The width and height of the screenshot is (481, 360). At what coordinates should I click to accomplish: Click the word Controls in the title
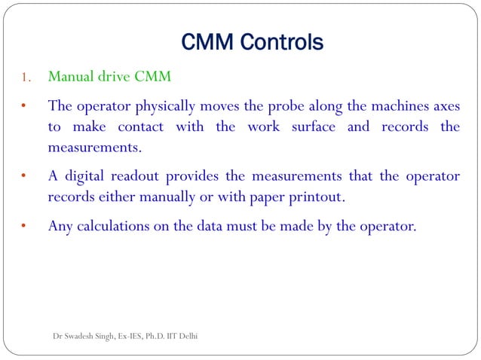(283, 42)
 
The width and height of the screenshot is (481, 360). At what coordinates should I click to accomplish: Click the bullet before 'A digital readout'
(24, 177)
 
